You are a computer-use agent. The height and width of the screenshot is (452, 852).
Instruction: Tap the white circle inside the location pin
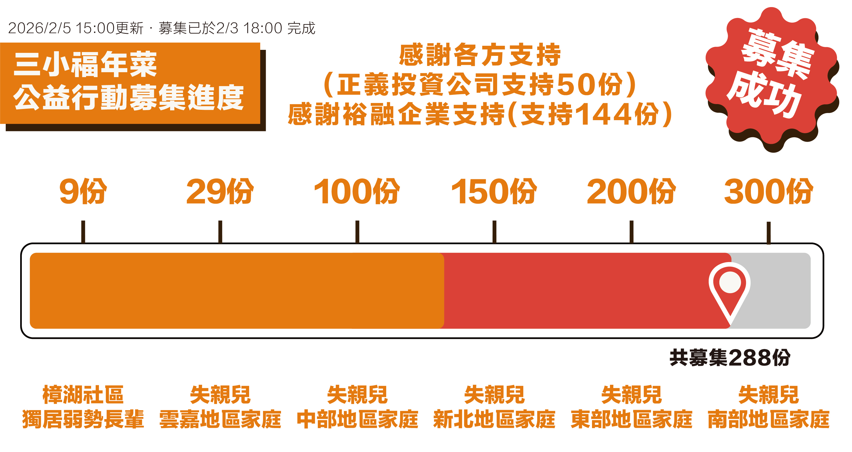[730, 282]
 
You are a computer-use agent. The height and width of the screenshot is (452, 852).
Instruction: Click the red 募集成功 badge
[772, 76]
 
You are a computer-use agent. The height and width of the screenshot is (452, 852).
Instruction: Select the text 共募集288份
[730, 357]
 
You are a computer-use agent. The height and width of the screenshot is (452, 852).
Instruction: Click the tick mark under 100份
[357, 232]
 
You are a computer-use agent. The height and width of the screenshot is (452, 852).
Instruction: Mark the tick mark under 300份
[769, 232]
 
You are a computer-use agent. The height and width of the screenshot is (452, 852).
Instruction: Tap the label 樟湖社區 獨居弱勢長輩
[83, 407]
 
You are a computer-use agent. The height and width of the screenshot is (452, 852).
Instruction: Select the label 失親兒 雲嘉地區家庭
[220, 407]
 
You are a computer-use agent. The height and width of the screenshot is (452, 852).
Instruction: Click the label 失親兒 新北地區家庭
[494, 407]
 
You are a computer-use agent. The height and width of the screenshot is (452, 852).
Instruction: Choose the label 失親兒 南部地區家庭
[768, 407]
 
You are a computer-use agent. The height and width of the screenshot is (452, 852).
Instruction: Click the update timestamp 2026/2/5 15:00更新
[76, 28]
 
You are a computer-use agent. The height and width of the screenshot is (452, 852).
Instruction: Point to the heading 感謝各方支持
[480, 55]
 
